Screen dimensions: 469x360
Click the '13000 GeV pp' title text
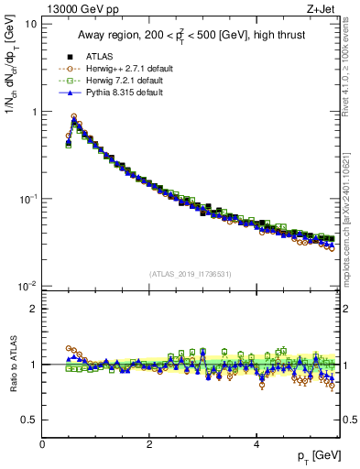(x=75, y=9)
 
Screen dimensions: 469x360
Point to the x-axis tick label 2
(x=149, y=444)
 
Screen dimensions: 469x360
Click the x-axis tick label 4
(x=256, y=444)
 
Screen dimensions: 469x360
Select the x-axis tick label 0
(x=42, y=444)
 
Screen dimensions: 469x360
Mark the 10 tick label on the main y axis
(x=29, y=24)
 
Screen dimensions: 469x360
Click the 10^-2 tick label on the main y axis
(x=27, y=286)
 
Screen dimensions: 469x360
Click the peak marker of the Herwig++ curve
(x=74, y=116)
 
